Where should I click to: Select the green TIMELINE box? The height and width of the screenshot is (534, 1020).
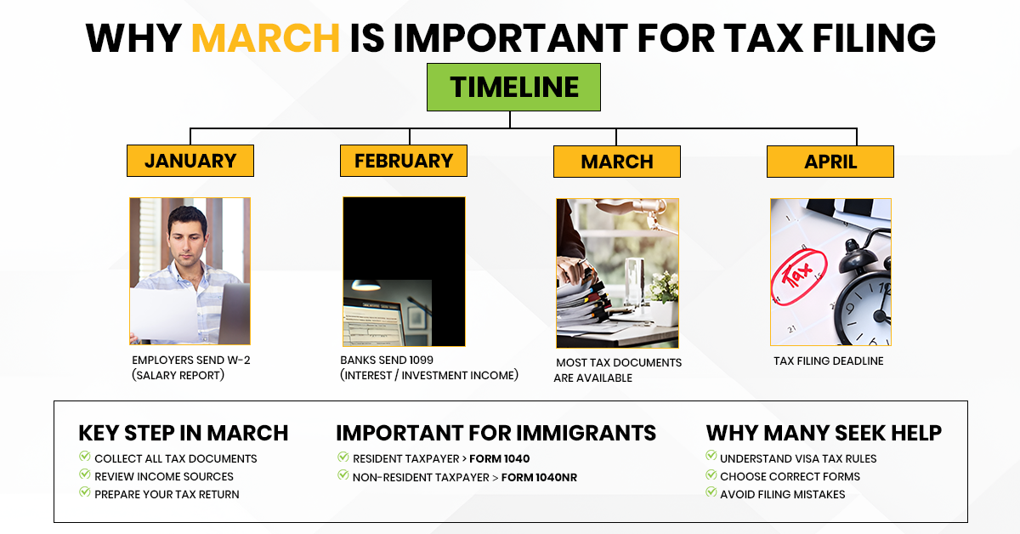(513, 88)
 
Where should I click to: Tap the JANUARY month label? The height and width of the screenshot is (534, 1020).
(190, 161)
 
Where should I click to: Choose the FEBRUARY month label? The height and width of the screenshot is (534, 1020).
(404, 161)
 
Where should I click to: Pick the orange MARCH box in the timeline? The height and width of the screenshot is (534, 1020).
(617, 162)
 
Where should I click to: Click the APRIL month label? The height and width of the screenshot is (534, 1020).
(830, 162)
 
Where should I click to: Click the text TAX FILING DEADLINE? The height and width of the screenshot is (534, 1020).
(828, 361)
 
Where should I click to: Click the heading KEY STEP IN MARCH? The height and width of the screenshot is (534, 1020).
(184, 433)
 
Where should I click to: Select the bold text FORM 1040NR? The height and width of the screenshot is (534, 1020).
(539, 477)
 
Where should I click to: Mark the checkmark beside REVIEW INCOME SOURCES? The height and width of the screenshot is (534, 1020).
(84, 475)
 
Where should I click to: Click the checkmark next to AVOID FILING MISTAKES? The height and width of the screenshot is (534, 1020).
(711, 493)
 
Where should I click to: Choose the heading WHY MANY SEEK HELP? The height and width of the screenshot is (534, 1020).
(824, 433)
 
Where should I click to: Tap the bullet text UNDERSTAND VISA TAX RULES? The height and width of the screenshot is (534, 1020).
(798, 458)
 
